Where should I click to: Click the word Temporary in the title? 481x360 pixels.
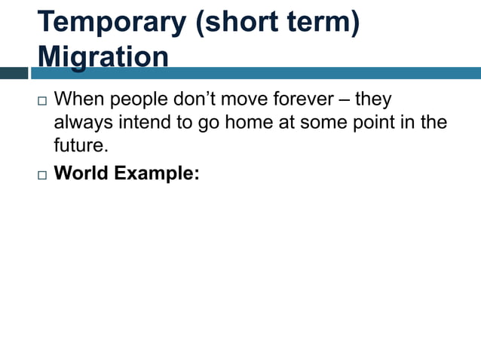point(111,23)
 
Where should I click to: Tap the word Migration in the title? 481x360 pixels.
point(103,57)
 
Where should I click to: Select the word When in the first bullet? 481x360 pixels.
point(80,99)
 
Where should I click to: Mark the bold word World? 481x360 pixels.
point(82,173)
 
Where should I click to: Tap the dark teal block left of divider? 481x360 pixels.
point(14,73)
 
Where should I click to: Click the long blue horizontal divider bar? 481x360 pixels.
point(256,73)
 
